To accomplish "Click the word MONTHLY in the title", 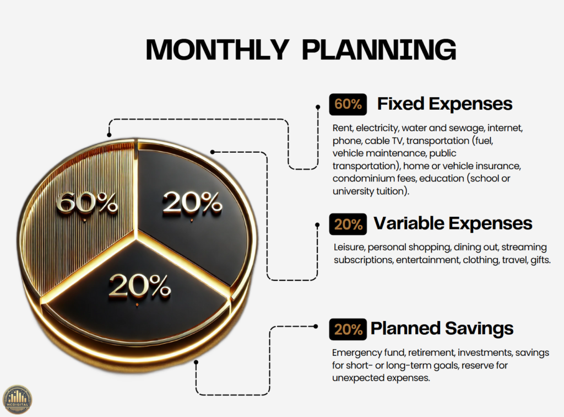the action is point(217,49).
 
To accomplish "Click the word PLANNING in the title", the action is point(379,49).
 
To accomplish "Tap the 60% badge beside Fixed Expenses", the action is point(348,104).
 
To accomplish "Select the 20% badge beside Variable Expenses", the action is point(348,224).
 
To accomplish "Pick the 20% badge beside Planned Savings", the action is point(348,329).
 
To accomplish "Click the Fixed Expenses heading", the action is point(444,104).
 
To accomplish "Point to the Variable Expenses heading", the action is point(453,223).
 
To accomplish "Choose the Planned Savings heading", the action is point(442,329).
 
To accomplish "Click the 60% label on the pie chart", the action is point(86,203).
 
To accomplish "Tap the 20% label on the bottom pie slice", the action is point(140,286).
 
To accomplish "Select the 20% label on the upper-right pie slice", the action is point(192,203).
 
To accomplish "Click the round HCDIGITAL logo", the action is point(17,400).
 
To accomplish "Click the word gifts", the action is point(541,260).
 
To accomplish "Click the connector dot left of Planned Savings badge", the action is point(316,327).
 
